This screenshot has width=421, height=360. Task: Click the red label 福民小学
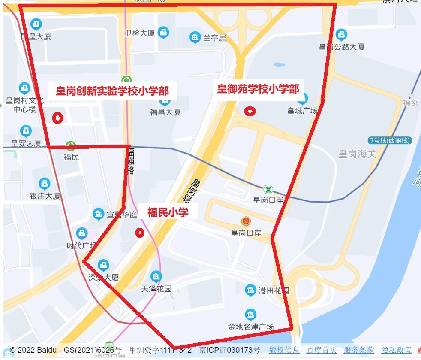168,212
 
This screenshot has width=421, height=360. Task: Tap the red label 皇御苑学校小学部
258,89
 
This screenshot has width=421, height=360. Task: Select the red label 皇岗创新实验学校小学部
112,91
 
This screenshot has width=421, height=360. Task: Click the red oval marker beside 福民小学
139,233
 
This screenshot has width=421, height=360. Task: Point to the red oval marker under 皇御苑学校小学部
250,112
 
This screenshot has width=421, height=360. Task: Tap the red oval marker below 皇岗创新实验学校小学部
57,118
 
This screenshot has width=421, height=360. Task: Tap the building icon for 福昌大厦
165,101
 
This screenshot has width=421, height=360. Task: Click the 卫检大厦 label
139,33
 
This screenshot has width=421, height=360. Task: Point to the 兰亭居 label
214,38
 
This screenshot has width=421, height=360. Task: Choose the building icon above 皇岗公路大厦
341,34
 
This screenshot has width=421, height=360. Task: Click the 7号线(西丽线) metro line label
390,140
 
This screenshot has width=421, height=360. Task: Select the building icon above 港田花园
251,290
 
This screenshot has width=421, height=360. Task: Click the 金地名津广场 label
251,327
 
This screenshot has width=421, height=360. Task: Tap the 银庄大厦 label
45,196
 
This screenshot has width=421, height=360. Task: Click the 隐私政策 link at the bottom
396,350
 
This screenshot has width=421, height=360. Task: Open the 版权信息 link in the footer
284,350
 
